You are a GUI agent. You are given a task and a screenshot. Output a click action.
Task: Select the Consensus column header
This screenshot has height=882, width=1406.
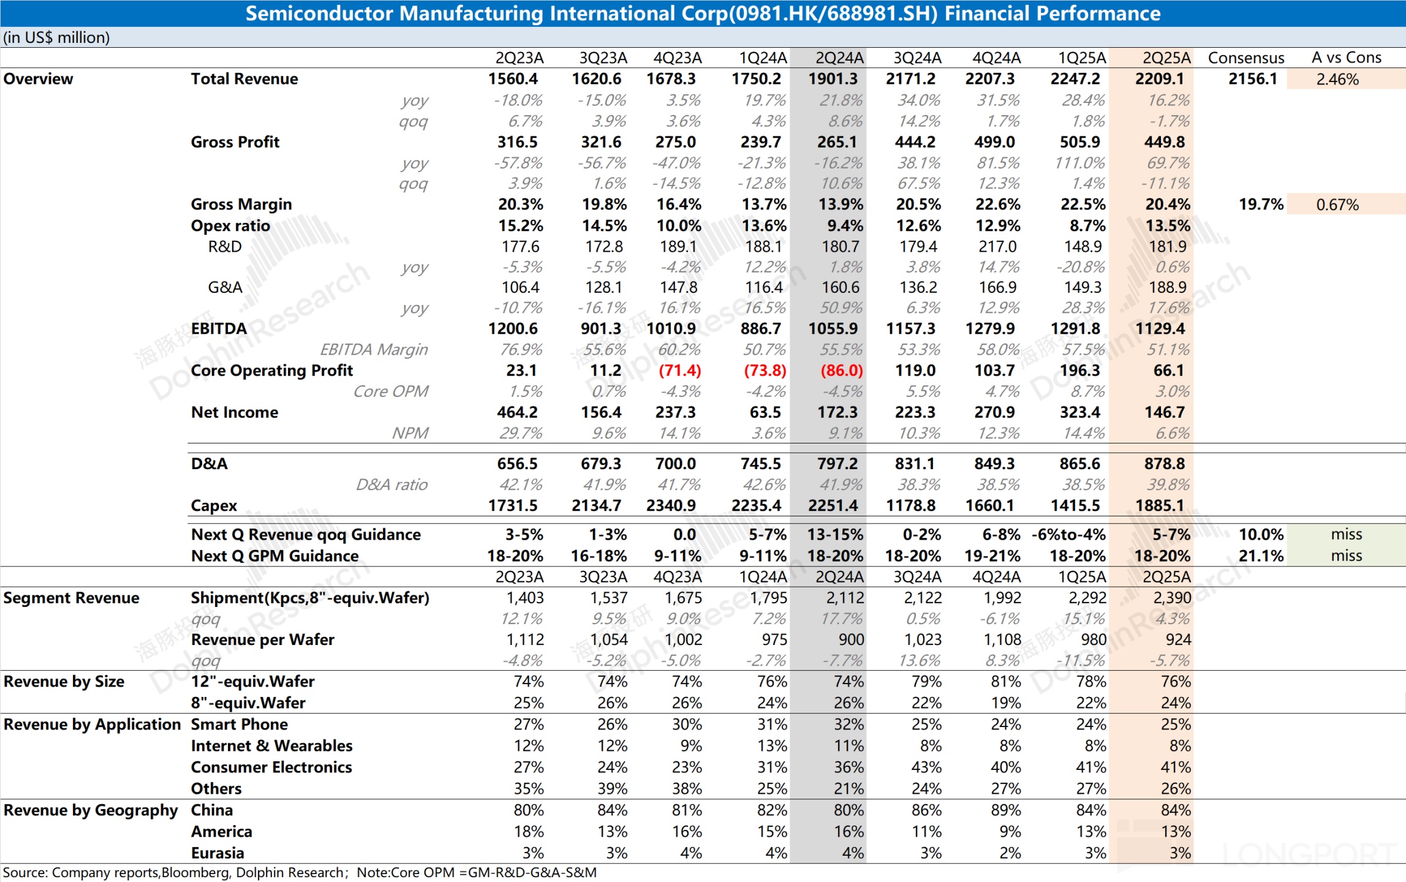[1245, 58]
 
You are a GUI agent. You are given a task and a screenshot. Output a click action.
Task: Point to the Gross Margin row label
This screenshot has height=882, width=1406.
[241, 205]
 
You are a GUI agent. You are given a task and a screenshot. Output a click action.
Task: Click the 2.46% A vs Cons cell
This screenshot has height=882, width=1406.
[1337, 80]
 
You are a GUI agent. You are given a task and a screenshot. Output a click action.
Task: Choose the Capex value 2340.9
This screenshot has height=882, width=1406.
[671, 506]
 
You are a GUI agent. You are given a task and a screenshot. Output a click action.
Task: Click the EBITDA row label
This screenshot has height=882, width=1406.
[219, 329]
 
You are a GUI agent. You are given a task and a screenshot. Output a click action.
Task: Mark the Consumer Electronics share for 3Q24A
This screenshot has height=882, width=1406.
[926, 767]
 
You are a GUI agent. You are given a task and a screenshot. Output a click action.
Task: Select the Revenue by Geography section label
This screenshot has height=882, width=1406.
[91, 810]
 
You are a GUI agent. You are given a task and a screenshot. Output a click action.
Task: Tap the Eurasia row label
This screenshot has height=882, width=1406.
[217, 853]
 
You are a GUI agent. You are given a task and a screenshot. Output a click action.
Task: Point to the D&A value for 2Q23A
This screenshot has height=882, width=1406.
[517, 464]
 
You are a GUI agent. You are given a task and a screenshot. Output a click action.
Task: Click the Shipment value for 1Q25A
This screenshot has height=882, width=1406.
[1087, 598]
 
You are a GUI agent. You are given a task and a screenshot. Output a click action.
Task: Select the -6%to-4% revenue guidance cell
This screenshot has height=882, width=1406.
[1068, 535]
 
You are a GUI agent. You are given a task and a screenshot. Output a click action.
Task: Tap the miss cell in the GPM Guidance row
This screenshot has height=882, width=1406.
[1346, 556]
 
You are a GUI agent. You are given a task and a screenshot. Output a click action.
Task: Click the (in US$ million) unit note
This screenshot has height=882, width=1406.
[56, 38]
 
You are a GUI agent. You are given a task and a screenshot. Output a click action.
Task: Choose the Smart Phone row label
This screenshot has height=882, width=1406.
[240, 725]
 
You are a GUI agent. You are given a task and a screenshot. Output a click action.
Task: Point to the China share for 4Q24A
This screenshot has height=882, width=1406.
[1005, 810]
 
